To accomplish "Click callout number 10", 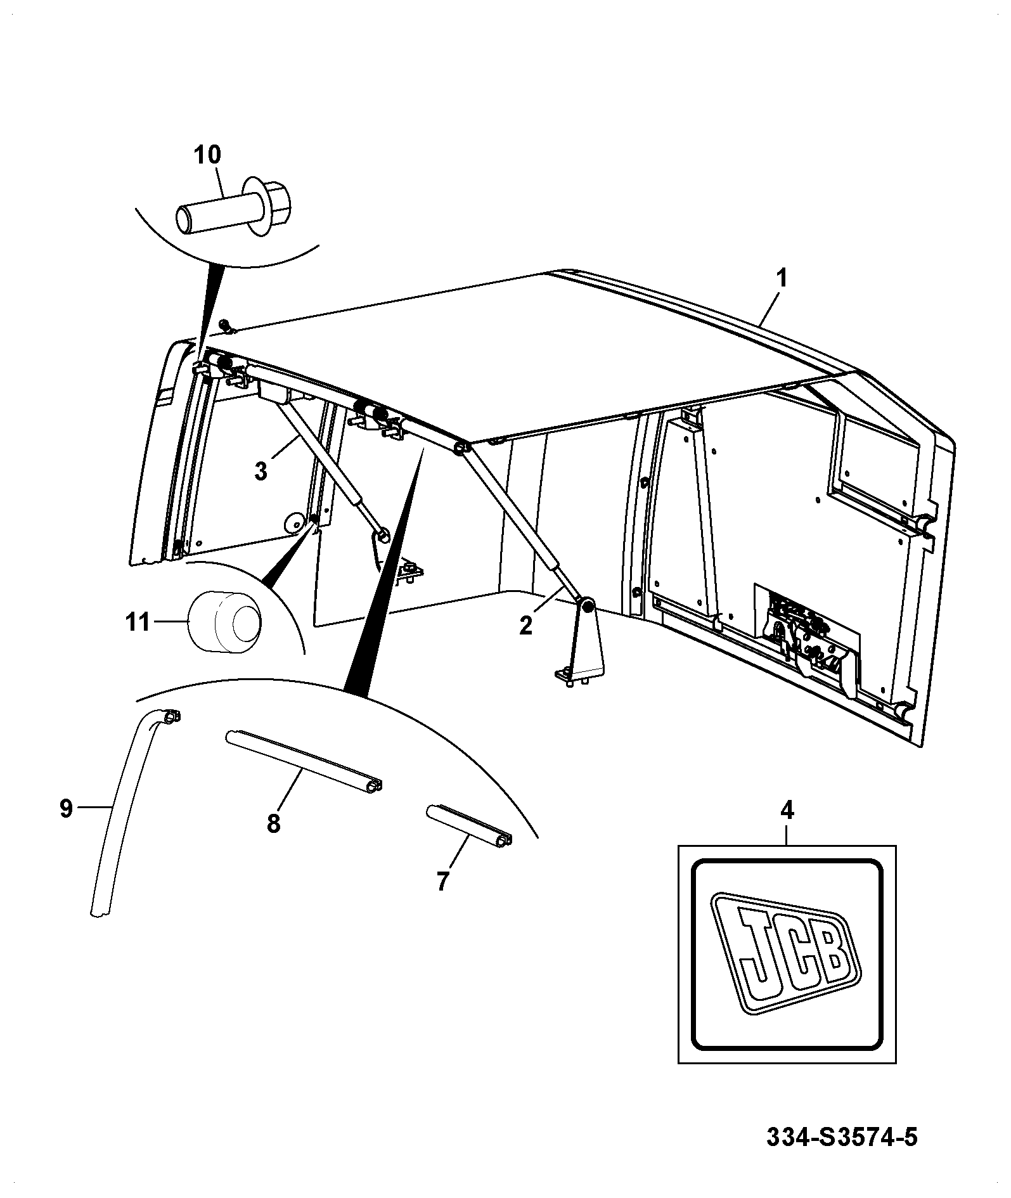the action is (x=207, y=154).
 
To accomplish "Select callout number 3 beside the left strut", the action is (x=261, y=472).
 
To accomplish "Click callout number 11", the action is (x=138, y=622).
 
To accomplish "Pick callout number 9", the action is (x=66, y=809).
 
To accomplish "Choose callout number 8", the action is (x=273, y=823).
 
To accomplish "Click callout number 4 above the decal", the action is (x=787, y=811).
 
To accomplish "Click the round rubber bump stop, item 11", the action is (x=224, y=621).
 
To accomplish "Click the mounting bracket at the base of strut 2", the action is (x=581, y=643).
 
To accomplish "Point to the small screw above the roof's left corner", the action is (x=227, y=328).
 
